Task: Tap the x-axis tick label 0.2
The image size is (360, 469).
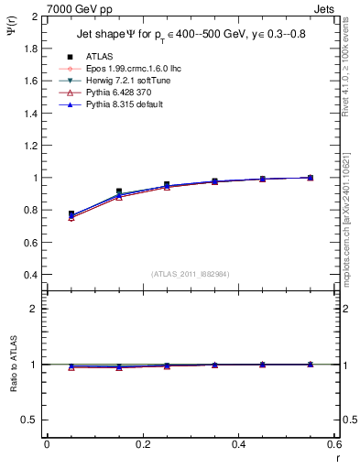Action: point(142,443)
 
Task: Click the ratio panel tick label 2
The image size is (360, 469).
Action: point(35,309)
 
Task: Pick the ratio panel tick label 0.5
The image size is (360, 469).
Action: point(30,420)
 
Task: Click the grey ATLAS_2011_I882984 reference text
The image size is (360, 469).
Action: point(191,274)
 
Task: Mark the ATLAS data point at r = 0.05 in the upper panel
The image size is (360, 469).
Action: point(71,214)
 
